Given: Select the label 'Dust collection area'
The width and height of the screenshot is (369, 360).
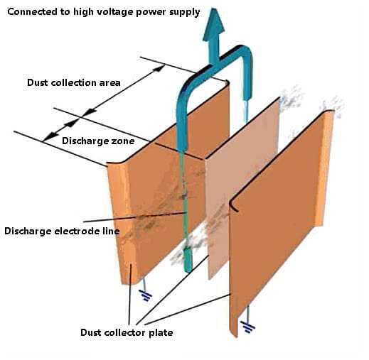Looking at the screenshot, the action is [x=74, y=82].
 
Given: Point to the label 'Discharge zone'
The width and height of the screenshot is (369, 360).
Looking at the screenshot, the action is [x=98, y=141].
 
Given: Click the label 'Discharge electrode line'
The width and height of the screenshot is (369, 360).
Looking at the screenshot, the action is [x=62, y=231].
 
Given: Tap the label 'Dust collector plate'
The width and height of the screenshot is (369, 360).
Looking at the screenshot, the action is [x=127, y=332].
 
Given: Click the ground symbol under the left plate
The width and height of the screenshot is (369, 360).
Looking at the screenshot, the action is [x=146, y=296].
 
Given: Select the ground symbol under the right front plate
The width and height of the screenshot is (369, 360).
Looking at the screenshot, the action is [x=247, y=327].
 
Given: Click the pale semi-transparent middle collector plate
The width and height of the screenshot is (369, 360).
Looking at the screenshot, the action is [x=242, y=190].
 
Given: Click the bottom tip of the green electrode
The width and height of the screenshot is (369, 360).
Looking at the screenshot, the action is [x=188, y=271].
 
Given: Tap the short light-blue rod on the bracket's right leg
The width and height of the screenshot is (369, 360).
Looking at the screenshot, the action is [x=246, y=111].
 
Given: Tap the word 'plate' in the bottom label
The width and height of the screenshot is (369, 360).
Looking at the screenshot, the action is [x=161, y=333].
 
